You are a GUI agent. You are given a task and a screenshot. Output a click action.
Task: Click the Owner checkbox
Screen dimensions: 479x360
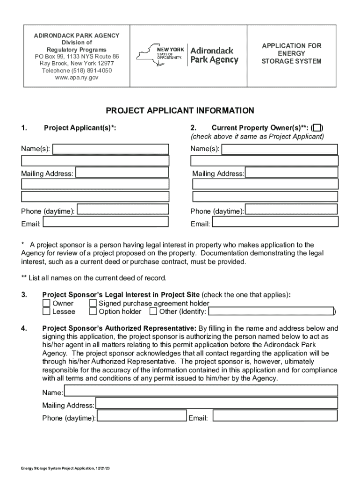[x=46, y=304]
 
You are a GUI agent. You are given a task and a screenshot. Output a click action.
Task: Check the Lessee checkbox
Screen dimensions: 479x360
[x=46, y=312]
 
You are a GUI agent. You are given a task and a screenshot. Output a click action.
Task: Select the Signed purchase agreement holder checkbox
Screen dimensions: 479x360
[x=93, y=304]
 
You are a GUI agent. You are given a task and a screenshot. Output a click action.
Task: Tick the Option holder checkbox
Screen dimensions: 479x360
[x=93, y=312]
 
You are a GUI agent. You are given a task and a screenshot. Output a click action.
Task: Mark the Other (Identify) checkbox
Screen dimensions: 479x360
[x=153, y=312]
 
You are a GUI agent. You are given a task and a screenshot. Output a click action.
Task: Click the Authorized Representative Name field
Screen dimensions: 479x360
[x=201, y=391]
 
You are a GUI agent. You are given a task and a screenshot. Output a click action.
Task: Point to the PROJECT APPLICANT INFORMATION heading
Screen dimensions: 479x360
[x=180, y=111]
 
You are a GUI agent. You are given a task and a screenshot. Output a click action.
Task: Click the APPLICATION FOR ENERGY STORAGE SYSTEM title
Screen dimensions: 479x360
[x=291, y=54]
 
